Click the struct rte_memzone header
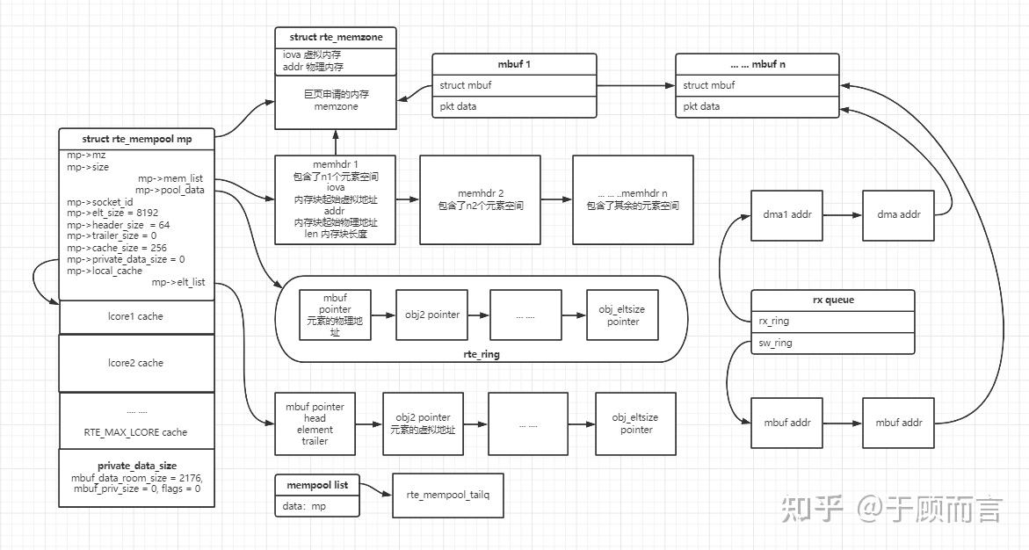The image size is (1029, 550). [336, 37]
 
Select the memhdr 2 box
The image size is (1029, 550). [480, 199]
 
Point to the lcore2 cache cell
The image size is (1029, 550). [137, 363]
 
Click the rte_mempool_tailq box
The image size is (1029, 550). [448, 495]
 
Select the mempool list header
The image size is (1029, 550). [317, 485]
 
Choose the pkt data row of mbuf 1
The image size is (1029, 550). [513, 106]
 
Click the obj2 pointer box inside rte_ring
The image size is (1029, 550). [431, 315]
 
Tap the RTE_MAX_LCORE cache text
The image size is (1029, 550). [135, 432]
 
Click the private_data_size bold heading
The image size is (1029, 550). [137, 466]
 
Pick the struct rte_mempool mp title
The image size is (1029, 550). [136, 139]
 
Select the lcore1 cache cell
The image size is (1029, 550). [137, 316]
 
